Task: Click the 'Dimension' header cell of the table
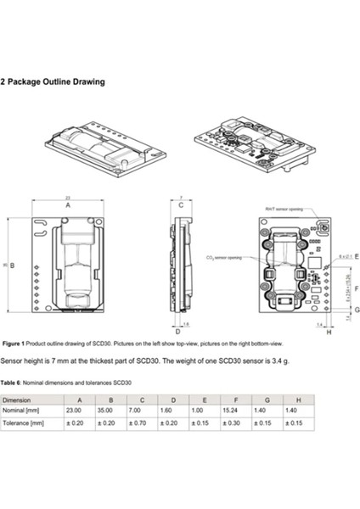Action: point(18,398)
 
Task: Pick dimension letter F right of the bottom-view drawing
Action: point(355,288)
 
